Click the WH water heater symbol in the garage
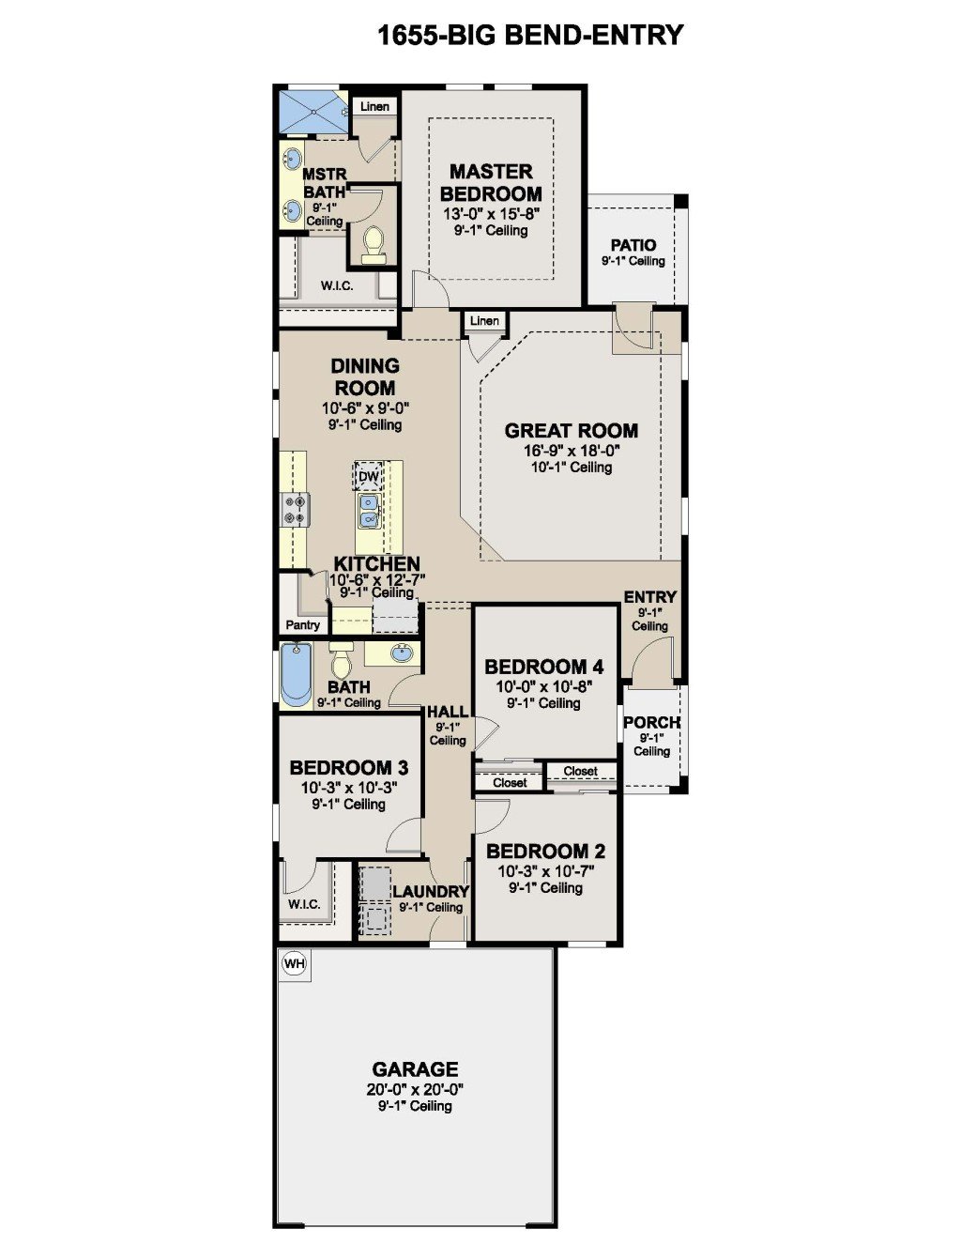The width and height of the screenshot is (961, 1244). point(295,963)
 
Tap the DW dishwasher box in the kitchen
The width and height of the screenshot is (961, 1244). point(369,476)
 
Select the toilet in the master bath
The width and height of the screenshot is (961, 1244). point(374,244)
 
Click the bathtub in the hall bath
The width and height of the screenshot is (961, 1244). point(297,675)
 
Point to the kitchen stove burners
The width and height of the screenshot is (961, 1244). point(297,509)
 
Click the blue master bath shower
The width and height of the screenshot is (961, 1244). point(313,113)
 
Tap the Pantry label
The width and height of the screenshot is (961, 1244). point(302,624)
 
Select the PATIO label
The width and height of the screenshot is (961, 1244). point(633,245)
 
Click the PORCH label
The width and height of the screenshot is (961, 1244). point(651,723)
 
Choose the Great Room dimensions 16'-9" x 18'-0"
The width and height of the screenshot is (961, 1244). point(572,451)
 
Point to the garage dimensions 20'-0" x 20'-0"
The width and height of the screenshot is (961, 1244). point(415,1089)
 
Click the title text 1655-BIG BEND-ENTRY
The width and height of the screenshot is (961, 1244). point(530,35)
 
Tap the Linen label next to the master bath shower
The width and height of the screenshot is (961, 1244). point(374,106)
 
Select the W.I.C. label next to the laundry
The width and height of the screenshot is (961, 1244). point(304,904)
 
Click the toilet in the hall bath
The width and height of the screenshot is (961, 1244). point(342,661)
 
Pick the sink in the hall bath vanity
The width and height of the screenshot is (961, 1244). point(402,653)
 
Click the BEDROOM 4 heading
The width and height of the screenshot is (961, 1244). point(544,667)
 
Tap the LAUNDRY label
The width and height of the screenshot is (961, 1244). point(431,892)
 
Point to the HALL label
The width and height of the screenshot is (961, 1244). point(448,713)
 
